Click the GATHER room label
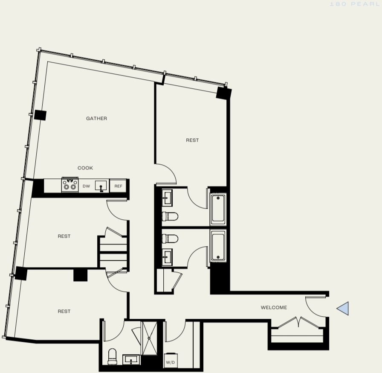click(96, 119)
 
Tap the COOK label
click(85, 168)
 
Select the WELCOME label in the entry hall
click(274, 308)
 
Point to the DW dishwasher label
click(86, 186)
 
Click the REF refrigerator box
click(118, 186)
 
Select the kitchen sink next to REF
click(101, 186)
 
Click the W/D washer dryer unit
click(171, 361)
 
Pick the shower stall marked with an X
click(149, 338)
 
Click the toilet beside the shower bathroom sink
click(112, 356)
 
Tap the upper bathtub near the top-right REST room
click(218, 210)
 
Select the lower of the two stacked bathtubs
click(218, 245)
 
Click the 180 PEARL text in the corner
click(354, 4)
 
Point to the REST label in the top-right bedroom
click(192, 140)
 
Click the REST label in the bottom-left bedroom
click(64, 311)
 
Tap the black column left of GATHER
click(40, 115)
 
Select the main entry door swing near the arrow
click(315, 307)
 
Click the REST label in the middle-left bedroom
click(64, 236)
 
